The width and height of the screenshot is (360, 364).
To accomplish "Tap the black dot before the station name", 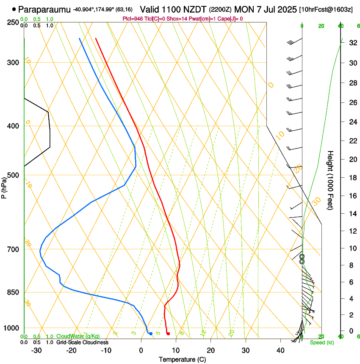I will tap(14, 9).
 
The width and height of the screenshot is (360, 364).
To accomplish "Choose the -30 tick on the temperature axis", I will tap(36, 350).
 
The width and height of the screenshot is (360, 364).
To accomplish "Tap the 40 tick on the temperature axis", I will tap(280, 350).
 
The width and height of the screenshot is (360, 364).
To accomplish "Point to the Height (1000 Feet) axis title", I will tap(331, 180).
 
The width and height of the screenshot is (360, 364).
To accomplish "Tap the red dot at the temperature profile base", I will tap(168, 334).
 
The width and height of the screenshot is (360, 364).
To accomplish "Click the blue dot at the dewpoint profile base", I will tap(151, 334).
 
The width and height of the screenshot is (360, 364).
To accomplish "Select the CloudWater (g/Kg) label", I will tap(78, 336).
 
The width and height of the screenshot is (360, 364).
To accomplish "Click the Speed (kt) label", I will tap(321, 342).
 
